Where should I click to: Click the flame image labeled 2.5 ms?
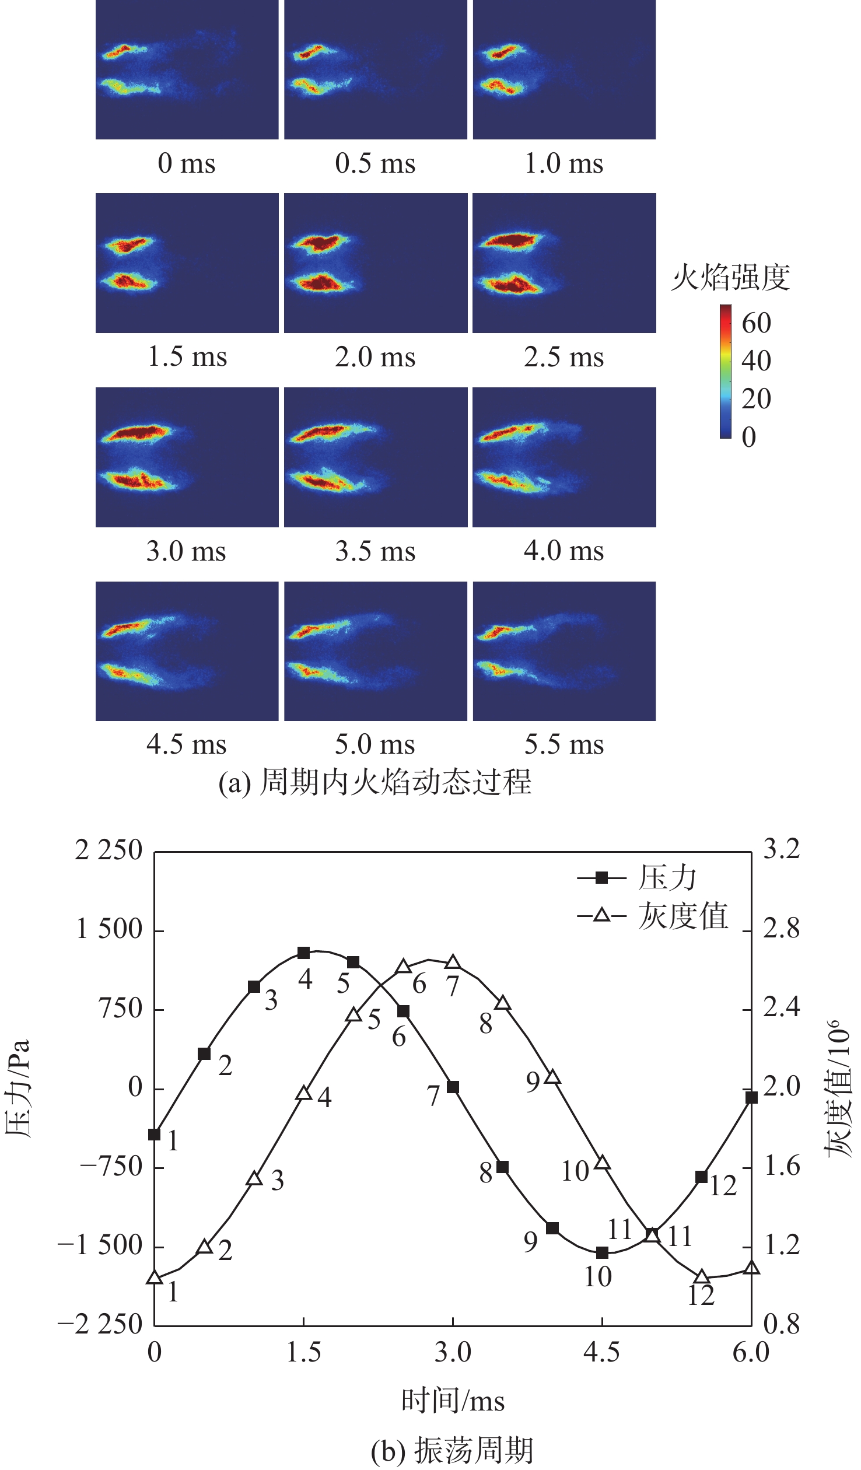564,263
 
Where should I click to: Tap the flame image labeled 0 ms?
187,69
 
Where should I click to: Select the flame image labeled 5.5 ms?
564,651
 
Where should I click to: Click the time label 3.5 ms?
375,551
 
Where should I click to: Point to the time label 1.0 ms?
563,163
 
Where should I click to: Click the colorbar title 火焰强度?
730,278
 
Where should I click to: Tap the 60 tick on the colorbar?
756,323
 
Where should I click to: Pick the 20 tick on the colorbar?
756,400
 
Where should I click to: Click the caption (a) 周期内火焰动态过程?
375,782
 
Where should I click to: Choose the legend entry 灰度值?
682,915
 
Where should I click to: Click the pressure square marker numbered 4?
303,953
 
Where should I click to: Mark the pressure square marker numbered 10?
602,1252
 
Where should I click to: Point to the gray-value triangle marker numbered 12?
702,1277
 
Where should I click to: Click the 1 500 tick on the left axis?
110,930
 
